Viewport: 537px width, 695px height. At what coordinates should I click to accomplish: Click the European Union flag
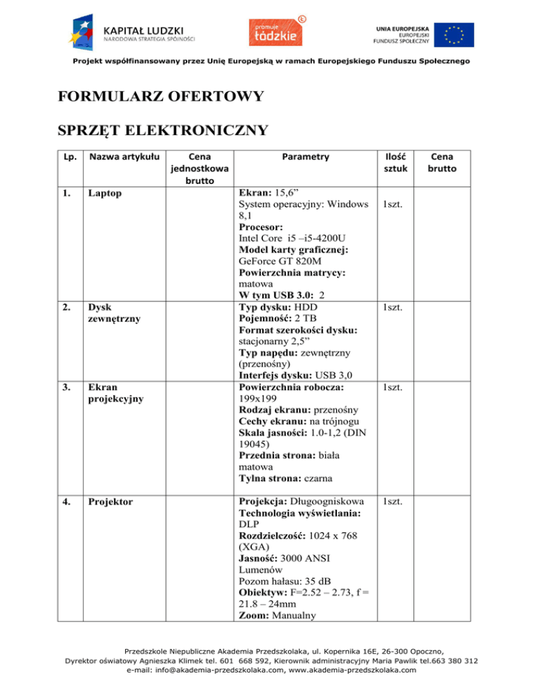[x=452, y=32]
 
